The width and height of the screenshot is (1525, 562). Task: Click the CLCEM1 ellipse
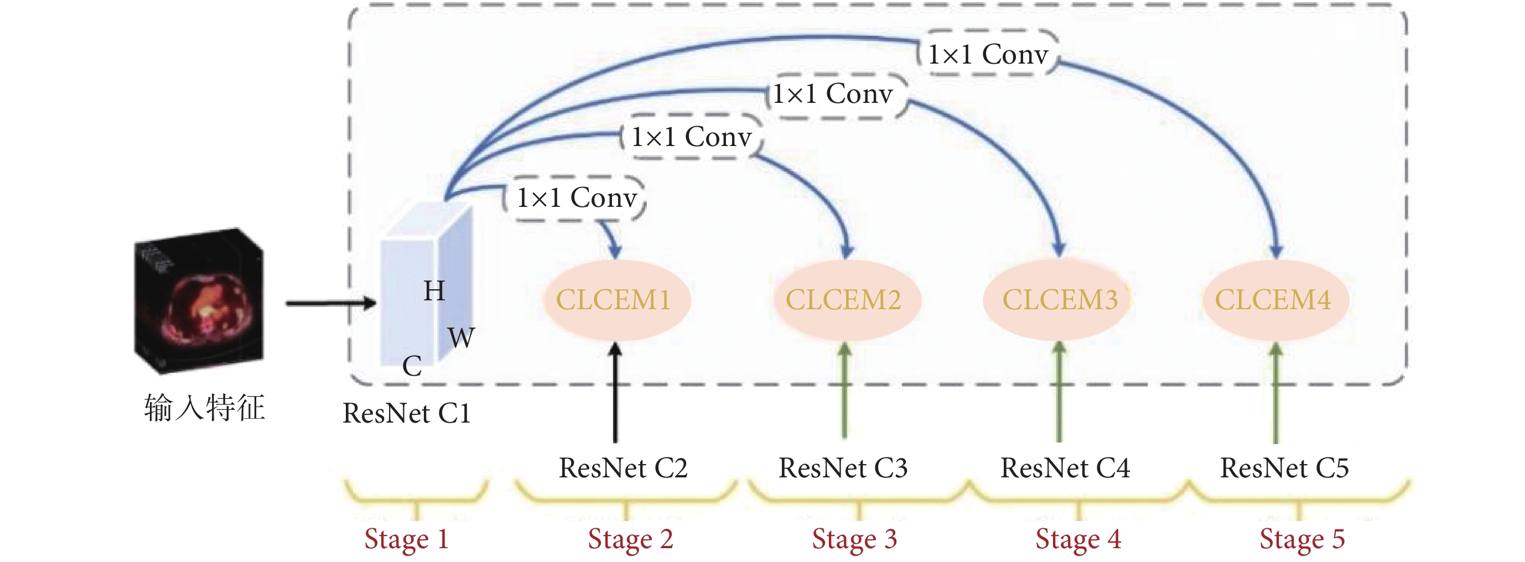click(x=616, y=300)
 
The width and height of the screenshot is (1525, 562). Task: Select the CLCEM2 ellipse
click(x=846, y=300)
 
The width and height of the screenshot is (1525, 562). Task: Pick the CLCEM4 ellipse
click(x=1276, y=300)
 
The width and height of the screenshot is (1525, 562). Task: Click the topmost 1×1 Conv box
click(x=988, y=53)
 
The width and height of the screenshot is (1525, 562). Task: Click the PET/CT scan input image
click(x=199, y=300)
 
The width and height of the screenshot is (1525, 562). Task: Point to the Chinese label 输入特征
click(x=204, y=408)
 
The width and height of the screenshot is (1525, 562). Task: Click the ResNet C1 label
click(x=407, y=413)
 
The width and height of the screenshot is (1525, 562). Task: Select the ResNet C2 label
click(x=624, y=468)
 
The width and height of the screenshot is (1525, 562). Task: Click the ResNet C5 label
click(x=1285, y=468)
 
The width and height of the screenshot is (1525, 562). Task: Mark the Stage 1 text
click(x=407, y=539)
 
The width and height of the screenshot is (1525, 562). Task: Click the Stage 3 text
click(x=854, y=539)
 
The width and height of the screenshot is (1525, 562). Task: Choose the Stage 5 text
click(x=1303, y=539)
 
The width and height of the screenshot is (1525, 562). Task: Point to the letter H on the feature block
click(x=434, y=290)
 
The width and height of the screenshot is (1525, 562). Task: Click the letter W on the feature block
click(x=461, y=338)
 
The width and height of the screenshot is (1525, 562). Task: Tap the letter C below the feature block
click(x=412, y=366)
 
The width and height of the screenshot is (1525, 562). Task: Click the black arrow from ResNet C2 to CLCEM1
click(x=616, y=392)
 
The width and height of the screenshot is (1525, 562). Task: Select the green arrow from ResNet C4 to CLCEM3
click(x=1059, y=392)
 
